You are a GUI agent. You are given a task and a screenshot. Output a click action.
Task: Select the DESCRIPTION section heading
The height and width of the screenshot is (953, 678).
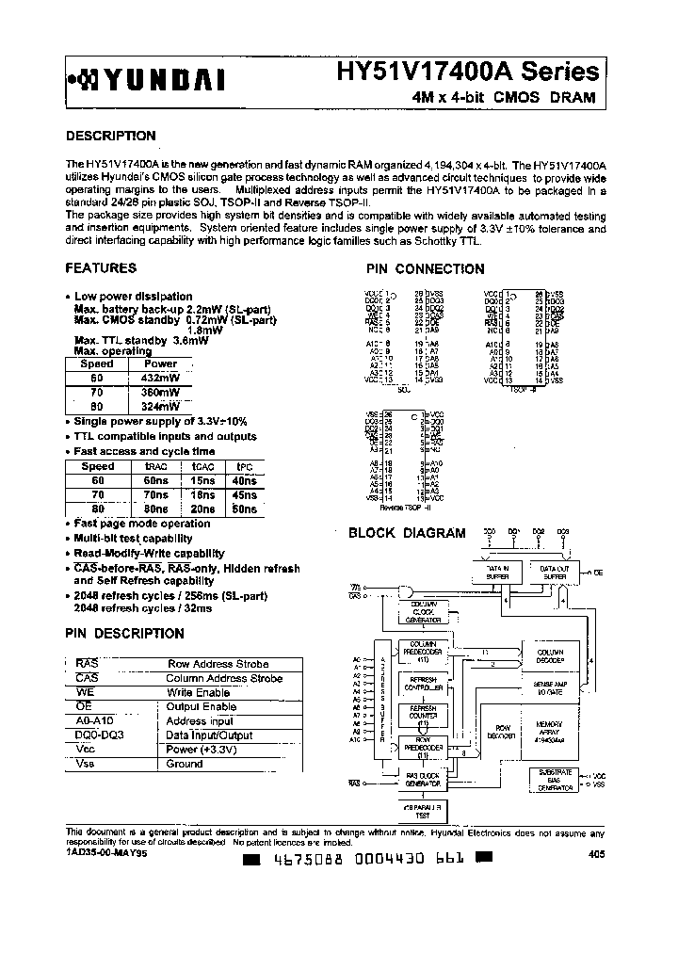110,136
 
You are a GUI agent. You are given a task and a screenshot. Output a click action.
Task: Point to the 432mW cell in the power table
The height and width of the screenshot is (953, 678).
160,377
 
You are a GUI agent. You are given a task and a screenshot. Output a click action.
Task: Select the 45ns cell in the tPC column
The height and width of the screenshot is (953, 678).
243,494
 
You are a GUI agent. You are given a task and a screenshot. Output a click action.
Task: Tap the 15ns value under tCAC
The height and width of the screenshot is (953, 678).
201,480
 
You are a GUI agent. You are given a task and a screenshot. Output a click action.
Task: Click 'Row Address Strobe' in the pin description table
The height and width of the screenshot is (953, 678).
218,664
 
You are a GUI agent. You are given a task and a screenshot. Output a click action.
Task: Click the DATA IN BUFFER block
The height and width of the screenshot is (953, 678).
497,573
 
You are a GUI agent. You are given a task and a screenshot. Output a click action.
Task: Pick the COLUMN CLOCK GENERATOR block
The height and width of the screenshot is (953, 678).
424,612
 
